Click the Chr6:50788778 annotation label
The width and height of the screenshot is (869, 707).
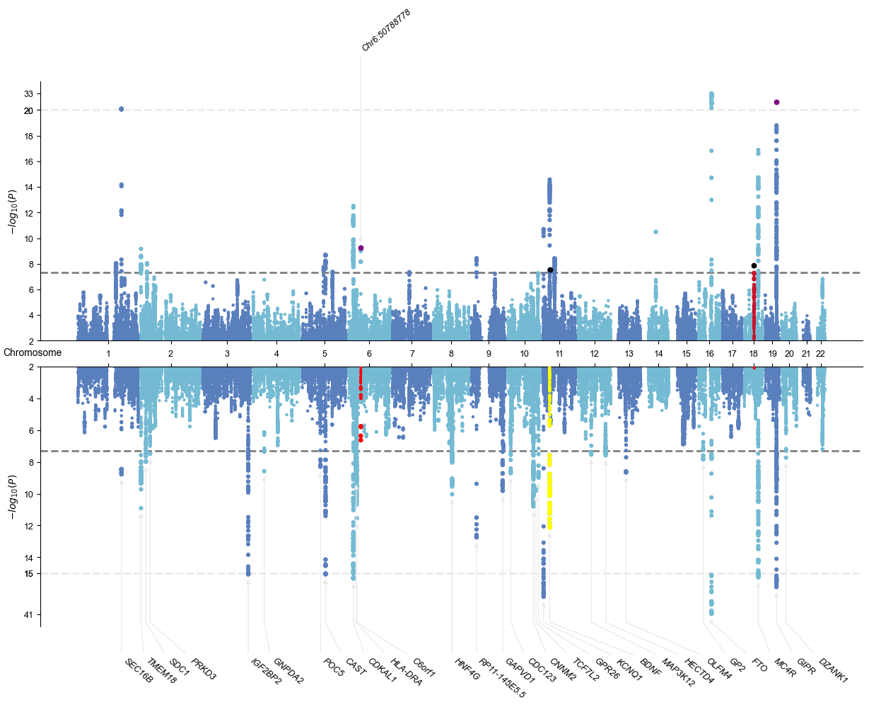(386, 30)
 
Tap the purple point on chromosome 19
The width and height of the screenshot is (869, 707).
(776, 103)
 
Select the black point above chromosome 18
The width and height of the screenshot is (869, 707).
(754, 265)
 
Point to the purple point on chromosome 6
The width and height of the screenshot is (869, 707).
(361, 248)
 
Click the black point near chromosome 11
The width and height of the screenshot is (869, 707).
(550, 270)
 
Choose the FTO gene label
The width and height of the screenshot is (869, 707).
(759, 667)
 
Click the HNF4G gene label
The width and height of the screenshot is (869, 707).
(467, 669)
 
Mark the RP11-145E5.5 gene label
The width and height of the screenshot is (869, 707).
(502, 678)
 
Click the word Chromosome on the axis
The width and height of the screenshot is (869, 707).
(33, 352)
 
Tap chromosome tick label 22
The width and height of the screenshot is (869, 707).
(821, 353)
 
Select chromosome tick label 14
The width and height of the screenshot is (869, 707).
(658, 353)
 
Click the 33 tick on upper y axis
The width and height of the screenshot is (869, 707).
(28, 93)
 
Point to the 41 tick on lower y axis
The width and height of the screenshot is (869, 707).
(28, 614)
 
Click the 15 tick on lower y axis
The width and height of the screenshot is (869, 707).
(28, 573)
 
